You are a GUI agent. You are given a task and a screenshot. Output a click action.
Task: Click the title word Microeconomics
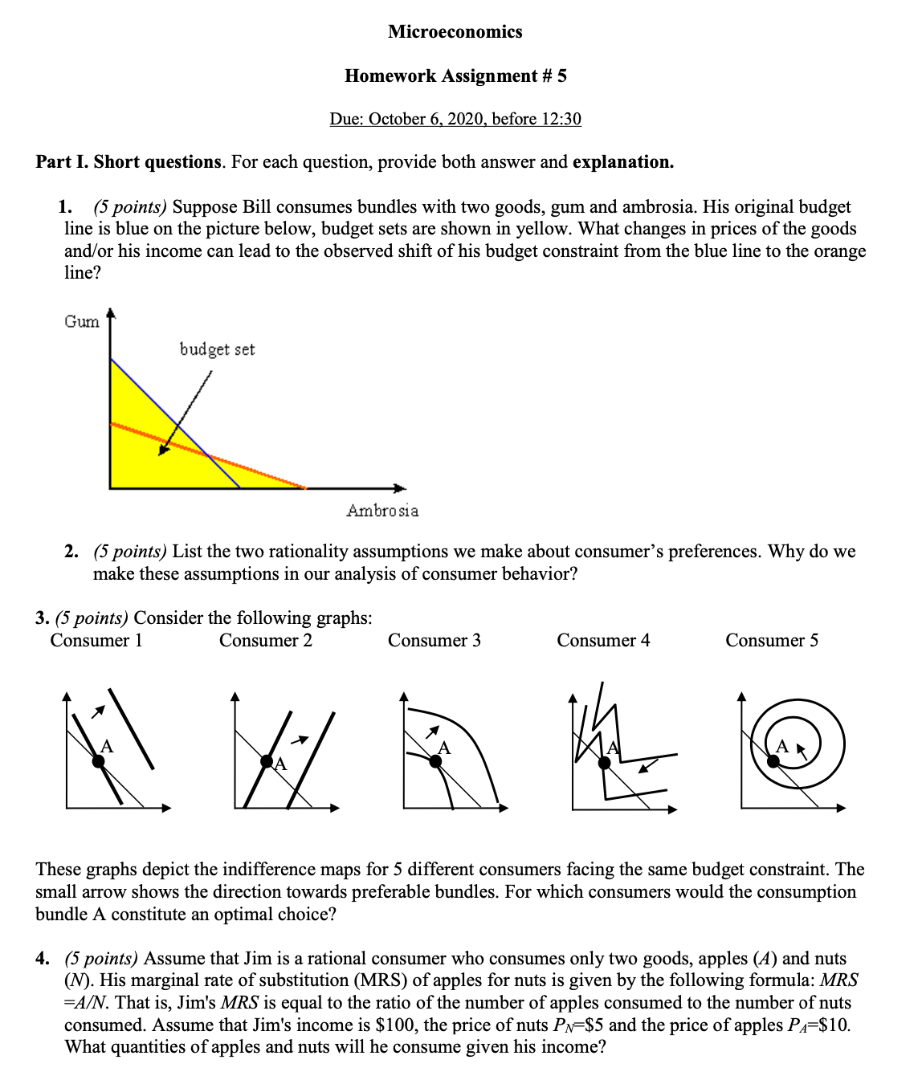coord(455,32)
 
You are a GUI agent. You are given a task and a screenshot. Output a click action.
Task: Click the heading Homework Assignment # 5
coord(455,75)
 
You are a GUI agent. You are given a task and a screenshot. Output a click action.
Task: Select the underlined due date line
coord(455,119)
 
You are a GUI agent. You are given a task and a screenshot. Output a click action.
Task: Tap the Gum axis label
coord(82,321)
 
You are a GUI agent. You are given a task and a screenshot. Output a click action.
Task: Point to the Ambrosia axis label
coord(382,511)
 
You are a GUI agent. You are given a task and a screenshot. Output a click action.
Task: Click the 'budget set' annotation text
coord(217,349)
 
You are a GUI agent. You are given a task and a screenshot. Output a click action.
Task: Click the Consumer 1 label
coord(96,640)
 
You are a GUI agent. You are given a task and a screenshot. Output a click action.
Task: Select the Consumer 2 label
coord(265,640)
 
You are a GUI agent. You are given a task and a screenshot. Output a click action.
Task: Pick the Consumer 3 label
coord(434,640)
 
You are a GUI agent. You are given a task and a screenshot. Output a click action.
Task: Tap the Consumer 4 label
coord(603,640)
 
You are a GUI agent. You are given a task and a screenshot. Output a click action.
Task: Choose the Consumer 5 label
coord(772,640)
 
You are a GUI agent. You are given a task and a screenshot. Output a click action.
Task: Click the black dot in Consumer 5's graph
coord(773,761)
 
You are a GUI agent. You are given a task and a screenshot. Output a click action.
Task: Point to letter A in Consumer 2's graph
coord(280,765)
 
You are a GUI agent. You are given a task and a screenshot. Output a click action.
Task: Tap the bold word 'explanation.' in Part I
coord(623,162)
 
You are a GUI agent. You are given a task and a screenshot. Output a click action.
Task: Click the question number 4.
coord(42,959)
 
